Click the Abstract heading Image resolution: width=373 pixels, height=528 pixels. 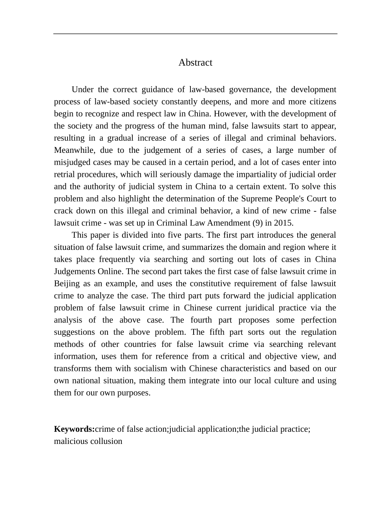click(x=195, y=62)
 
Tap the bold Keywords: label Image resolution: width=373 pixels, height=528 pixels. click(x=74, y=429)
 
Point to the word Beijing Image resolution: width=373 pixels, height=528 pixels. click(x=67, y=284)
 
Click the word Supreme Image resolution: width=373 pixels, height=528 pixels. click(x=256, y=198)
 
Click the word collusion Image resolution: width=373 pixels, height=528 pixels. click(x=106, y=441)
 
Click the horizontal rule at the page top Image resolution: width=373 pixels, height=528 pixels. click(x=195, y=34)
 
